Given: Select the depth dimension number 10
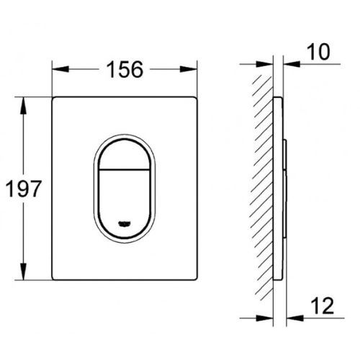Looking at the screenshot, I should tap(318, 52).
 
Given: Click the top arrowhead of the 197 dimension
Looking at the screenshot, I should tap(26, 102).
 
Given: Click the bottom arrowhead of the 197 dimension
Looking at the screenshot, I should tap(26, 276).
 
